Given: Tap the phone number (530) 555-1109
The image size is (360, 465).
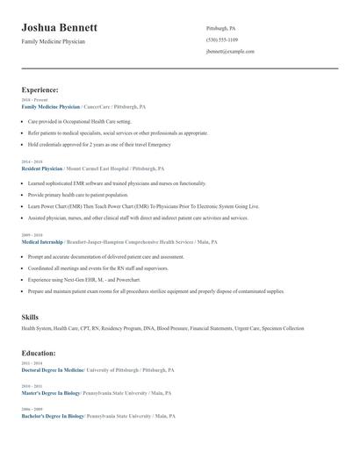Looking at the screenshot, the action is [222, 39].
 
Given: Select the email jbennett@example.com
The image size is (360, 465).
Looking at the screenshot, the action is [230, 52].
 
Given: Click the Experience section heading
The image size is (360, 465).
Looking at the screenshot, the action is [40, 89].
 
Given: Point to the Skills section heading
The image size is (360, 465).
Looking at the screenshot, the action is [30, 316].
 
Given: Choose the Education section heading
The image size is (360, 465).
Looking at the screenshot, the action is [39, 353].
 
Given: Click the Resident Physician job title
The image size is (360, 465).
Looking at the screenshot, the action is [42, 168].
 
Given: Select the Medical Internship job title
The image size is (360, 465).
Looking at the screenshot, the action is [43, 242].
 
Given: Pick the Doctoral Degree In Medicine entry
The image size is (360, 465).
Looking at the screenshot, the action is [53, 370].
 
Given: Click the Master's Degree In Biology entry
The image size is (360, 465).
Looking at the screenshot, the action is [51, 393].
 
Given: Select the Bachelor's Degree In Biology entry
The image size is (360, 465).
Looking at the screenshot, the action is [53, 416].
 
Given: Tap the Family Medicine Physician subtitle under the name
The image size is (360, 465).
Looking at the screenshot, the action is [54, 41].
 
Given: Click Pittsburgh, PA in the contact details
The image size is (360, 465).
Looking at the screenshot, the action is [220, 28].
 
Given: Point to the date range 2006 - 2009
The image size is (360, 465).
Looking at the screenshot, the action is [31, 409].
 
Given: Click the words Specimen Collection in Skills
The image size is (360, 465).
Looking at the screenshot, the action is [282, 328].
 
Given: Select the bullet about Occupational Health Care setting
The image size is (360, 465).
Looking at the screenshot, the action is [79, 121].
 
